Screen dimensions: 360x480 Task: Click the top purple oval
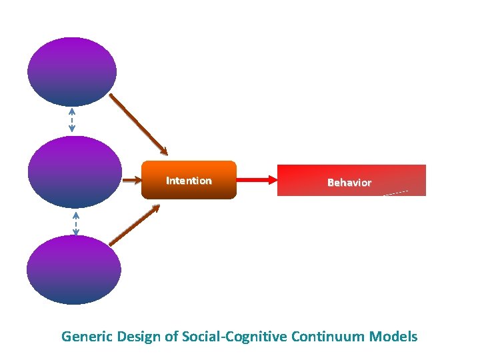(x=72, y=71)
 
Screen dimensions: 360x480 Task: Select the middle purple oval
(x=75, y=172)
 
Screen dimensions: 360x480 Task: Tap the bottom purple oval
(x=74, y=270)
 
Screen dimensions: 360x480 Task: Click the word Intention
(x=189, y=181)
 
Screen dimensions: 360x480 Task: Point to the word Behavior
(x=349, y=183)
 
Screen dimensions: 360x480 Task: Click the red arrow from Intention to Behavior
(x=253, y=179)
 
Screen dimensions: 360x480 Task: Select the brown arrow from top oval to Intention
(x=139, y=124)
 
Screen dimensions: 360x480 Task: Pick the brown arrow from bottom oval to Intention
(x=135, y=225)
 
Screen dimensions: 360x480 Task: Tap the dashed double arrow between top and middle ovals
(x=72, y=120)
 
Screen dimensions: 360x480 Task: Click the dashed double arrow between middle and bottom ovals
(x=76, y=223)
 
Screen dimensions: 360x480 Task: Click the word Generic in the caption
(x=87, y=337)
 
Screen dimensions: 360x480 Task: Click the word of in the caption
(x=171, y=337)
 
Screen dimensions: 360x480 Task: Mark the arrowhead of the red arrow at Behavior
(x=273, y=179)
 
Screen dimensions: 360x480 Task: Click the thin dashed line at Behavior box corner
(x=396, y=193)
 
